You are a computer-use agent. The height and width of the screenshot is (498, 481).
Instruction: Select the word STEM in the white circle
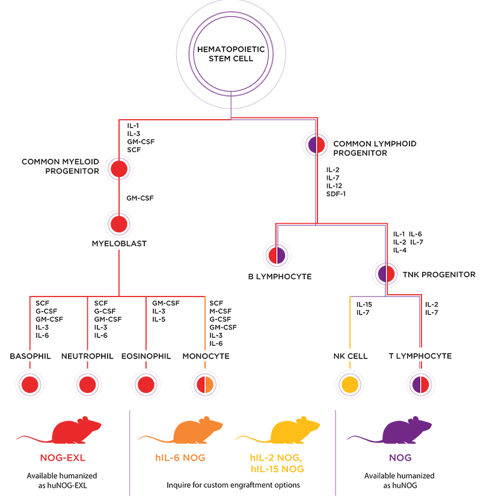point(220,61)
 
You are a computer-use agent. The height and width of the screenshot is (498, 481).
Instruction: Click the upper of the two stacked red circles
point(119,167)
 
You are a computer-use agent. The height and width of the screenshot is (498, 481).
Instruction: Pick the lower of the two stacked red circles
point(119,224)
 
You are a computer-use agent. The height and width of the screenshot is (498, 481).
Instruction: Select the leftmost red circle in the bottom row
point(30,384)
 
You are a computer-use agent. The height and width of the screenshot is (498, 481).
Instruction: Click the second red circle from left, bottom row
point(88,384)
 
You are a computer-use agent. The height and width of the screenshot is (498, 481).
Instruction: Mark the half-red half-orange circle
point(204,384)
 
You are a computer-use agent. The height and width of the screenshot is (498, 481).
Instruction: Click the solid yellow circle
point(350,384)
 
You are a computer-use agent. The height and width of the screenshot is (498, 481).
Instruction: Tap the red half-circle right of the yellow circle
point(424,384)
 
